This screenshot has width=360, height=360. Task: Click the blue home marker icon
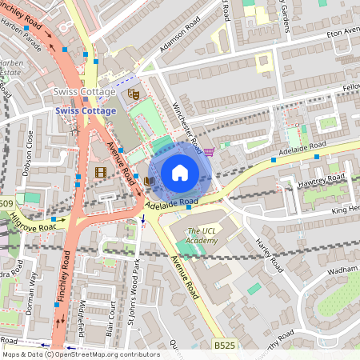tap(180, 173)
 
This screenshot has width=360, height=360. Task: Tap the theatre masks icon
tap(134, 94)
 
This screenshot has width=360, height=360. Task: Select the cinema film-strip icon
tap(100, 171)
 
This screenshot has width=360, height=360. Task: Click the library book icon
tap(149, 181)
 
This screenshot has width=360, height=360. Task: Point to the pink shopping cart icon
tap(209, 152)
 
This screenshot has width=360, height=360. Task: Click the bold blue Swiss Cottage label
tap(86, 110)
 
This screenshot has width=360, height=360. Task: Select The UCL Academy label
tap(202, 235)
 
